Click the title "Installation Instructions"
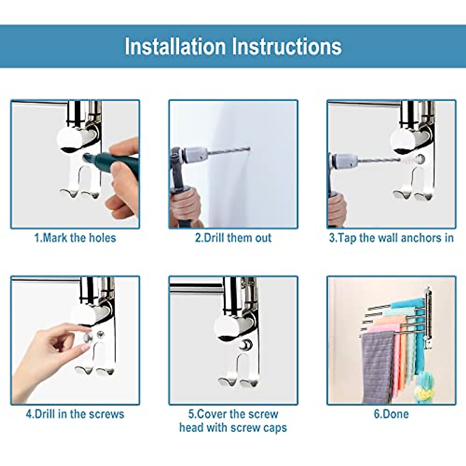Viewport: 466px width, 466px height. tap(233, 47)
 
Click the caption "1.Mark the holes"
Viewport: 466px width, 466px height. tap(75, 238)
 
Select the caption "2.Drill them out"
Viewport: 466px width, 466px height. tap(233, 238)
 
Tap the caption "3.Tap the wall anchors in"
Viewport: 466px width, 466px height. tap(391, 238)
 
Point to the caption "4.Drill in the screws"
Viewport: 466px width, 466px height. tap(75, 414)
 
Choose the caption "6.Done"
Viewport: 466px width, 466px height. tap(391, 414)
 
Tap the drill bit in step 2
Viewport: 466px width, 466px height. tap(229, 151)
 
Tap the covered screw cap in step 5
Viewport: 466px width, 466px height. tap(245, 344)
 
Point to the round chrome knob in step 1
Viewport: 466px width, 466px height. tap(70, 140)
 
